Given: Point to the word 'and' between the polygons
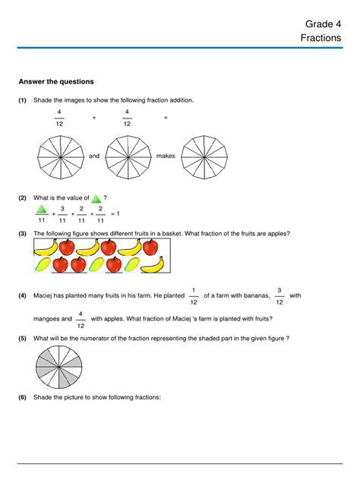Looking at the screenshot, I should click(94, 156).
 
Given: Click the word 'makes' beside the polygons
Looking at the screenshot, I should click(166, 156).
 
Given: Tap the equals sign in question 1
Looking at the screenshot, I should click(166, 118).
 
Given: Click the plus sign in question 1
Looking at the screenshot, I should click(94, 118).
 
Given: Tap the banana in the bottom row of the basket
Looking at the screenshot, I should click(153, 264).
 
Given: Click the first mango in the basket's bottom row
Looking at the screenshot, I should click(43, 264).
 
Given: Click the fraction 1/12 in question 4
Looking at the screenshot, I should click(194, 295).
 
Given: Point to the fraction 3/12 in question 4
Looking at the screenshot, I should click(279, 295).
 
